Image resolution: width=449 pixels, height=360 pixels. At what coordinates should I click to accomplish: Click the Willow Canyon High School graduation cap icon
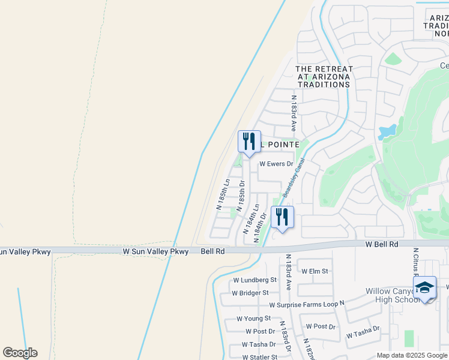pyautogui.click(x=424, y=287)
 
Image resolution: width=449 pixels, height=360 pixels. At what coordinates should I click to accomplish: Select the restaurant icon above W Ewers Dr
pyautogui.click(x=249, y=141)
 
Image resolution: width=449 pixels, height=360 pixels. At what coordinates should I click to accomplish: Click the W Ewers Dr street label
pyautogui.click(x=276, y=164)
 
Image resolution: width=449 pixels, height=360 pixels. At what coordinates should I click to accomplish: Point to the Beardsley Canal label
pyautogui.click(x=294, y=178)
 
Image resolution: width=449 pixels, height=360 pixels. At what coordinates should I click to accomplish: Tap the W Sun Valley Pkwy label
pyautogui.click(x=155, y=252)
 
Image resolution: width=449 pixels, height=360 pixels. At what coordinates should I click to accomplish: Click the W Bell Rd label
pyautogui.click(x=382, y=245)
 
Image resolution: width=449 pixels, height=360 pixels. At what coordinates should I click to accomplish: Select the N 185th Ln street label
pyautogui.click(x=223, y=194)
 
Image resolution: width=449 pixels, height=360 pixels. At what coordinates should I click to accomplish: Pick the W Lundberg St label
pyautogui.click(x=255, y=280)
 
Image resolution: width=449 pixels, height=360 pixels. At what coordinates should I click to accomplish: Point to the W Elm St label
pyautogui.click(x=315, y=271)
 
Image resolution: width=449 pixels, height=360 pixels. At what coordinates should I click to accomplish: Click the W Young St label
pyautogui.click(x=253, y=319)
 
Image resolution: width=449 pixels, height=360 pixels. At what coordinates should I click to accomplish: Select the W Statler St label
pyautogui.click(x=259, y=357)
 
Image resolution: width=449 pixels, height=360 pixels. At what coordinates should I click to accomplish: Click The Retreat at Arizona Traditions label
pyautogui.click(x=324, y=77)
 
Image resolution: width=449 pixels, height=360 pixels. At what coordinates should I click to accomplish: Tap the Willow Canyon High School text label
pyautogui.click(x=391, y=295)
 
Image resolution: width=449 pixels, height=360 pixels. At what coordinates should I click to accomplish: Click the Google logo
pyautogui.click(x=20, y=353)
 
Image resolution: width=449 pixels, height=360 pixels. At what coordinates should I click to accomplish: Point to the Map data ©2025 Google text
pyautogui.click(x=411, y=355)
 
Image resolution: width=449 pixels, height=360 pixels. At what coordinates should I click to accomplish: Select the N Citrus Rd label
pyautogui.click(x=415, y=264)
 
